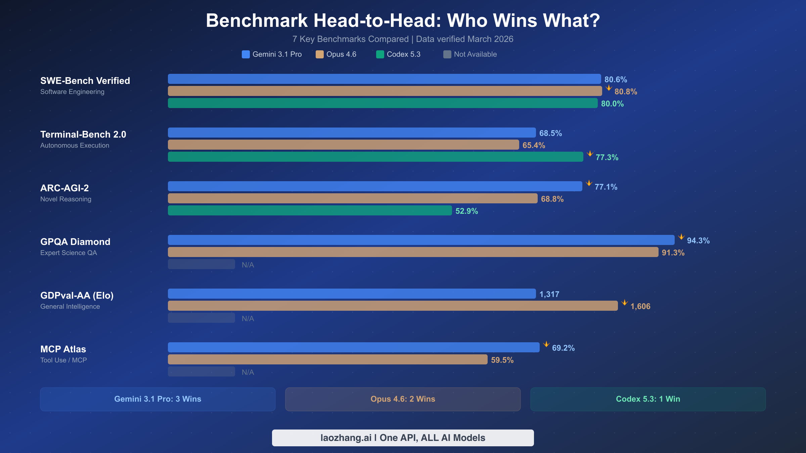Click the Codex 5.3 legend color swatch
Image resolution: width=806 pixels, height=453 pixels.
click(x=380, y=54)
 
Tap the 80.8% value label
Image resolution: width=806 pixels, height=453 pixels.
click(x=626, y=92)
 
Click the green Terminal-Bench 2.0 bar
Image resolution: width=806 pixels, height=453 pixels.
click(x=375, y=157)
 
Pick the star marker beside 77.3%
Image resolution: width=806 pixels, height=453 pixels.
click(x=590, y=154)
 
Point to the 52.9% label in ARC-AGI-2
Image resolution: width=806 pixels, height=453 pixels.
click(x=466, y=211)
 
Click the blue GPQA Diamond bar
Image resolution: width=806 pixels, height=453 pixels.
click(x=421, y=240)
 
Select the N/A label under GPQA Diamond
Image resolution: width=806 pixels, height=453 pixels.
click(x=248, y=265)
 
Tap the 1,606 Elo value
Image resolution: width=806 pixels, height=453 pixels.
click(x=640, y=306)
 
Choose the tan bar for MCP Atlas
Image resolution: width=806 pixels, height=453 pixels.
click(x=327, y=359)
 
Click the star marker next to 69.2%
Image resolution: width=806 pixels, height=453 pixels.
click(x=546, y=344)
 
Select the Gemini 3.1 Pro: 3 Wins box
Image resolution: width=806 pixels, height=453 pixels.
click(x=158, y=399)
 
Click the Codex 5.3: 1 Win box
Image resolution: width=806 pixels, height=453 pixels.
click(x=648, y=399)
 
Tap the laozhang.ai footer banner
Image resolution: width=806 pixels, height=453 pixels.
click(x=403, y=438)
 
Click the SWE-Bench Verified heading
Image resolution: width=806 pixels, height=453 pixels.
click(x=85, y=81)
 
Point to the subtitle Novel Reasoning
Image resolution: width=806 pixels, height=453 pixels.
click(x=66, y=199)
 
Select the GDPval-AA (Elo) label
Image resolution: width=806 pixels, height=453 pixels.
click(x=77, y=296)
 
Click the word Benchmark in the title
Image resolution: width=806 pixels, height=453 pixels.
click(x=257, y=20)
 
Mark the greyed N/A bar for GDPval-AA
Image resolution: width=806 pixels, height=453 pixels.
click(x=201, y=318)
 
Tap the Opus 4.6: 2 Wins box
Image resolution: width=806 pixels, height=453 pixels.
click(x=403, y=399)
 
